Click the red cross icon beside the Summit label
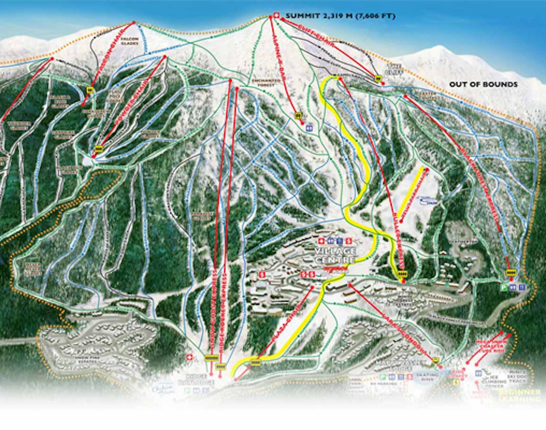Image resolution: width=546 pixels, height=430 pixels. (275, 16)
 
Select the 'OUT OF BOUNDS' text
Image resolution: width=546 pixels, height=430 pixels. (483, 84)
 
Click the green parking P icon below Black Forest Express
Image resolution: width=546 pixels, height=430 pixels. (504, 287)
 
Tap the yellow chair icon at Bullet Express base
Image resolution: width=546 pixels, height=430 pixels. (402, 274)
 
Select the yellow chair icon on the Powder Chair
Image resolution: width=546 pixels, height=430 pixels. (99, 148)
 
